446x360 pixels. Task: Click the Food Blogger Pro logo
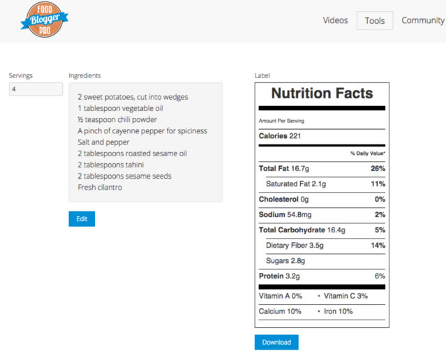click(x=45, y=20)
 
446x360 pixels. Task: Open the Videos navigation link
click(x=335, y=20)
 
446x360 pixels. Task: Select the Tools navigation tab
click(x=375, y=21)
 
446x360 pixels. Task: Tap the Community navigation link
click(x=423, y=20)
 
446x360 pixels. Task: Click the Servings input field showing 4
click(x=36, y=89)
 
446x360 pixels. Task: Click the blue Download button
click(x=276, y=343)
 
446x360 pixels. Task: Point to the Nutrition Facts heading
click(x=322, y=93)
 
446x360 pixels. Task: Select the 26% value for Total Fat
click(x=378, y=169)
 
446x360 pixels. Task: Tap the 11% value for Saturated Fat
click(x=378, y=184)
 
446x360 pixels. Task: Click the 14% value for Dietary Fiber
click(x=378, y=246)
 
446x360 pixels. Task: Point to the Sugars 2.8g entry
click(x=285, y=261)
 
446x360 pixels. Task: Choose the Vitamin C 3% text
click(x=345, y=297)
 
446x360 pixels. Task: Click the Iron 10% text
click(x=339, y=311)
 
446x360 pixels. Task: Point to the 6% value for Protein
click(x=380, y=276)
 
